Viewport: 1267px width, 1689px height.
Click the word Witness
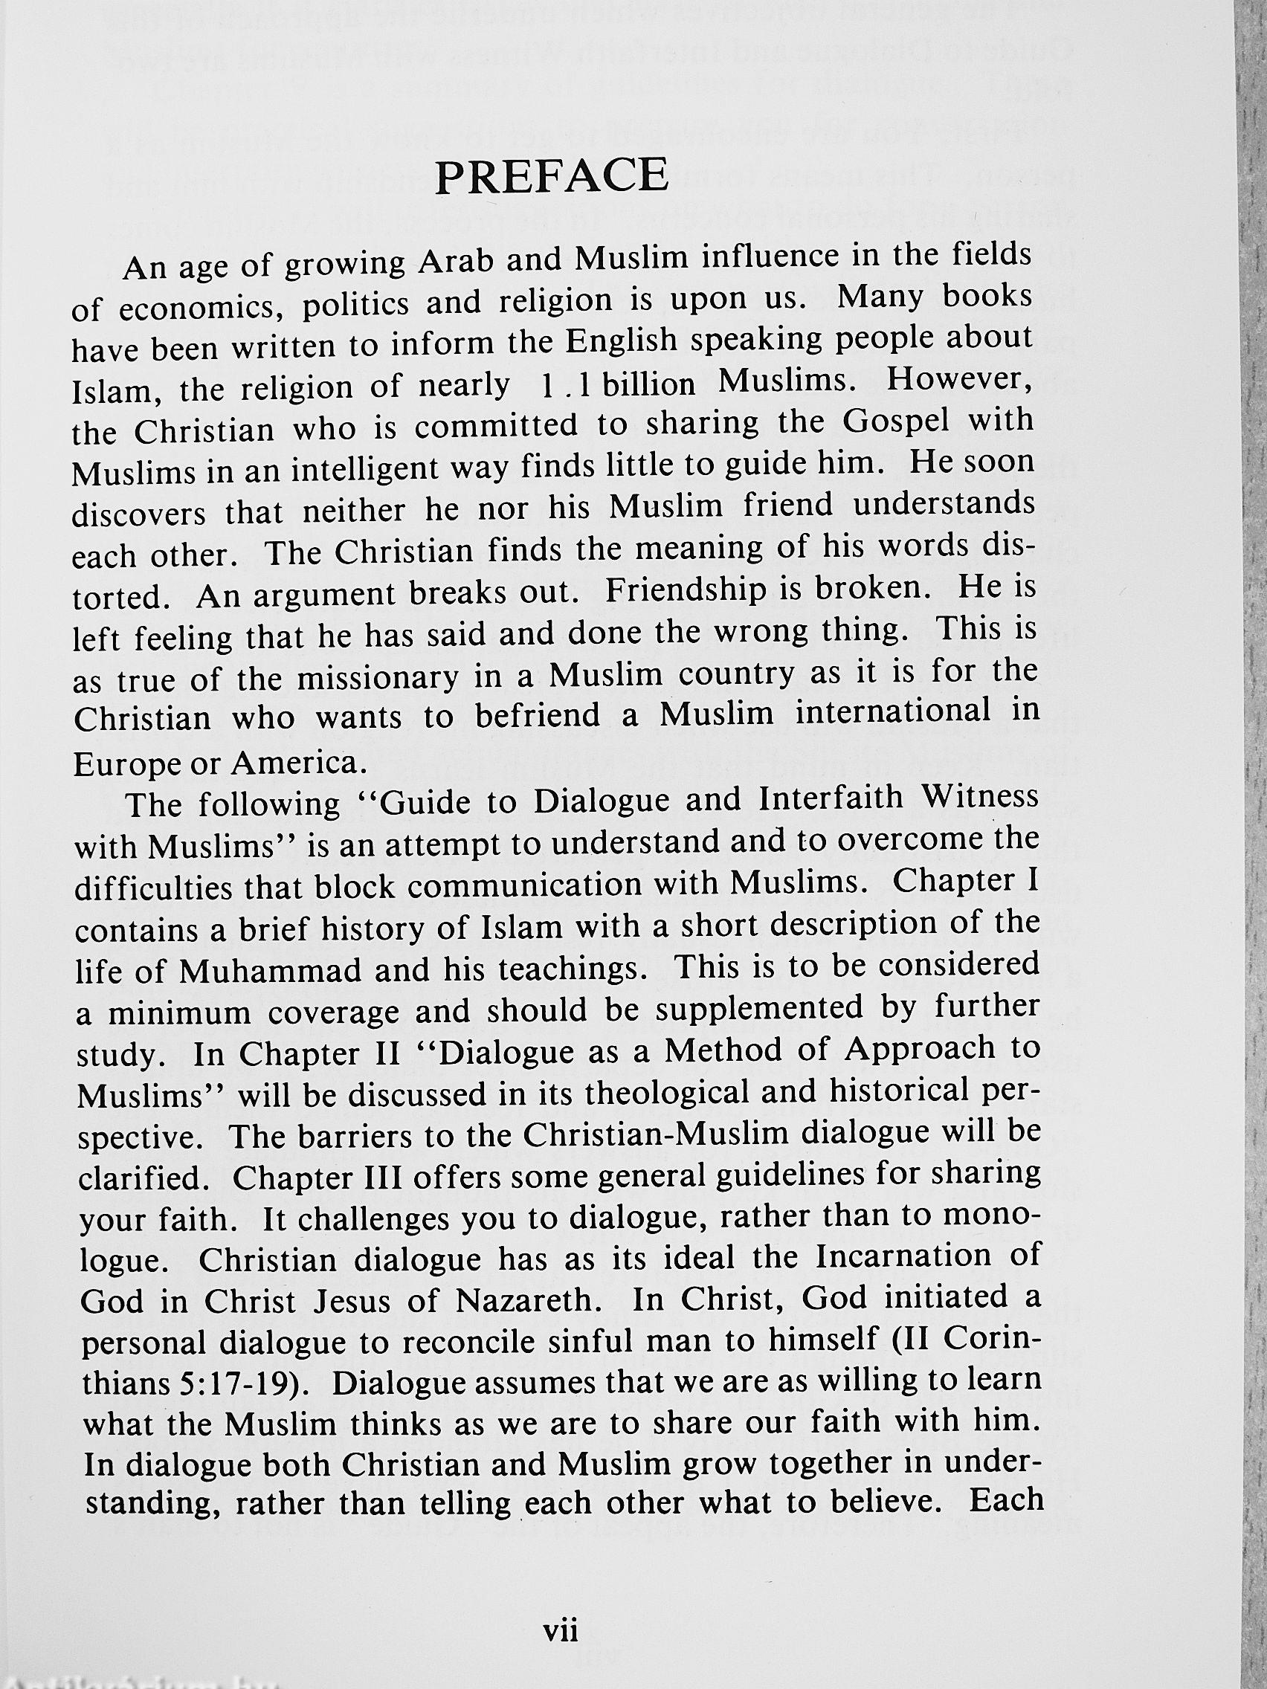(x=981, y=798)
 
